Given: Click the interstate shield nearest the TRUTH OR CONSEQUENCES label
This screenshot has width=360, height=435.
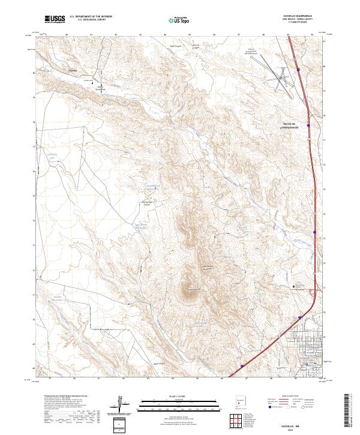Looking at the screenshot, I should [308, 125].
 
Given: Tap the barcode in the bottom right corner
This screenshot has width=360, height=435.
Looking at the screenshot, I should [349, 412].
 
